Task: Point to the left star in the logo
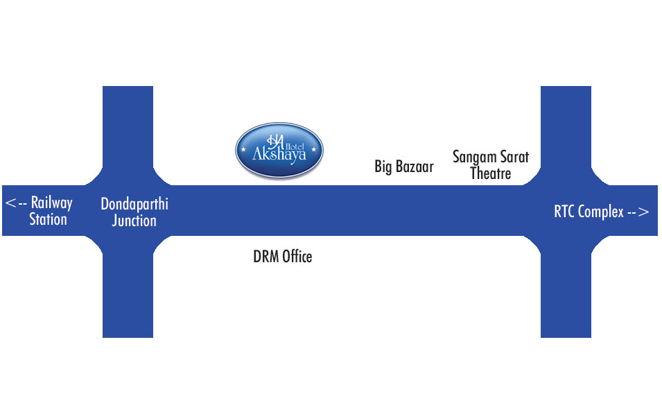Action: pyautogui.click(x=244, y=148)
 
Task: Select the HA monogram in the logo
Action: pyautogui.click(x=277, y=138)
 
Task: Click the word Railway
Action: pyautogui.click(x=51, y=203)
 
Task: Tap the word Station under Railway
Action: pyautogui.click(x=48, y=219)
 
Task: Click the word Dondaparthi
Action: pyautogui.click(x=134, y=205)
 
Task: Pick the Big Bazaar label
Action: pyautogui.click(x=403, y=166)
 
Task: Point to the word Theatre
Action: pyautogui.click(x=490, y=173)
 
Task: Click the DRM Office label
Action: pyautogui.click(x=282, y=257)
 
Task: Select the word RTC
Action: pyautogui.click(x=566, y=212)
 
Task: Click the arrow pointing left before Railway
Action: pyautogui.click(x=16, y=203)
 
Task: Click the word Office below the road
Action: pyautogui.click(x=297, y=257)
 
